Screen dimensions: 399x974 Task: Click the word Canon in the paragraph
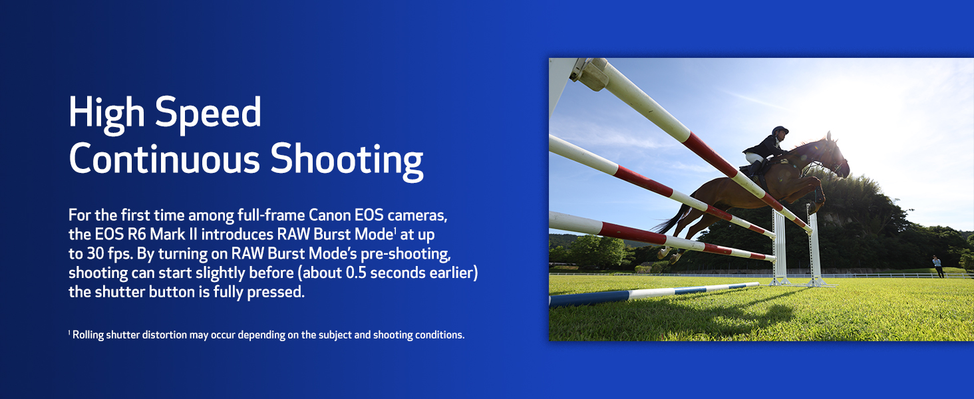pyautogui.click(x=336, y=215)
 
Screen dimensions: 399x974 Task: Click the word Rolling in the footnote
pyautogui.click(x=88, y=335)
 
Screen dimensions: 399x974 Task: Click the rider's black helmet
pyautogui.click(x=780, y=130)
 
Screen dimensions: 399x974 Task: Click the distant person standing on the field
pyautogui.click(x=937, y=265)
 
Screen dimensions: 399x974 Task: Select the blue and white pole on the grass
pyautogui.click(x=652, y=293)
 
